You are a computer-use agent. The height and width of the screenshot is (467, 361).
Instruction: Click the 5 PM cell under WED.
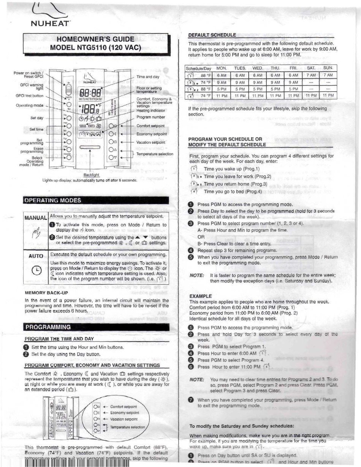coord(258,89)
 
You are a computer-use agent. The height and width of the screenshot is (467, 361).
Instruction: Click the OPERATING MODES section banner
coord(53,200)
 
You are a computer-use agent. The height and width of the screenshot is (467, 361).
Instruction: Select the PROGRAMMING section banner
coord(48,327)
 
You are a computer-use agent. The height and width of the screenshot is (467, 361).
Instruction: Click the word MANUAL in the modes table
coord(35,218)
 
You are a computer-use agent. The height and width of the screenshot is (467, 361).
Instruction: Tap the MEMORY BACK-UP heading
coord(46,293)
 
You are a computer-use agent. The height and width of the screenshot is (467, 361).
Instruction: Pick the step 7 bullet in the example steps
coord(191,400)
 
